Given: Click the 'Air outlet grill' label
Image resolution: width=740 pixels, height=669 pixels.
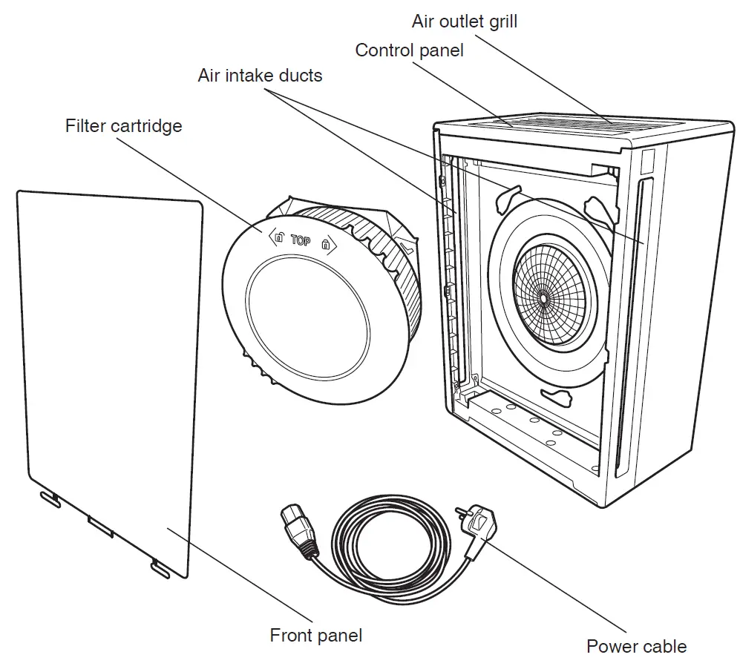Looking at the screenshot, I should tap(465, 21).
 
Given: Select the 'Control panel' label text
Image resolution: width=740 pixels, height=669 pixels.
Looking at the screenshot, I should tap(409, 50).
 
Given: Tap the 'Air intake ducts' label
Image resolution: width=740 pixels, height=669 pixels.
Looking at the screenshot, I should tap(260, 76).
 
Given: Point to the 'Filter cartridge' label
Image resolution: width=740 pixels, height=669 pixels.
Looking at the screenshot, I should tap(123, 125).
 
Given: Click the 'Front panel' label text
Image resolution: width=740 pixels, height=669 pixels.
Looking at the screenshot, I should tap(316, 636).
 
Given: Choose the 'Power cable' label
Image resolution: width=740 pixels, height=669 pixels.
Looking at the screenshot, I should tap(636, 646).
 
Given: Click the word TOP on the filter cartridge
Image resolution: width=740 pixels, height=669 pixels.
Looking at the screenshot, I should tap(301, 240).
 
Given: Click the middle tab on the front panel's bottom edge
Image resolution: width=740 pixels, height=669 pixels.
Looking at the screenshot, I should tap(99, 527).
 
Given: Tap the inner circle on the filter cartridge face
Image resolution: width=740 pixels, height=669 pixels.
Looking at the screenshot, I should tap(307, 317).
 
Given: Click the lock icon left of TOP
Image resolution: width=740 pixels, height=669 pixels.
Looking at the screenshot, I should tap(279, 239).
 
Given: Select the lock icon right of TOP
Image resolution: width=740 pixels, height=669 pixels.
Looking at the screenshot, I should tap(324, 243).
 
